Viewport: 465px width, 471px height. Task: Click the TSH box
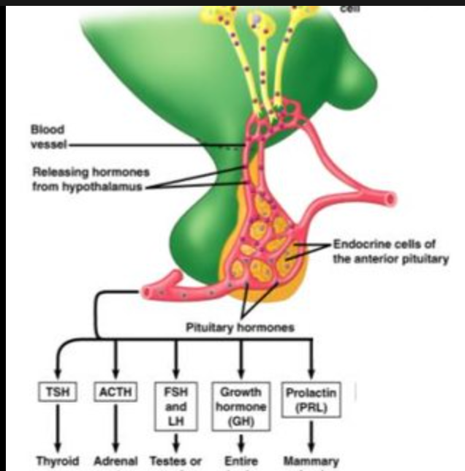[x=54, y=392]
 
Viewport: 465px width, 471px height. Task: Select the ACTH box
[x=116, y=392]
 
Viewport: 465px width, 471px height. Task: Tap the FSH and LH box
[x=176, y=406]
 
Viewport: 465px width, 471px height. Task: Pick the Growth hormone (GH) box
[x=241, y=406]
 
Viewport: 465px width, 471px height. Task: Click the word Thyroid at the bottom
[x=54, y=461]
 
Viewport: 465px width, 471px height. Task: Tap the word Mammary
[x=313, y=461]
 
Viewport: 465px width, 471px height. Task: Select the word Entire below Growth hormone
[x=241, y=461]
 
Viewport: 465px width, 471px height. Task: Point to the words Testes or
[x=175, y=461]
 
